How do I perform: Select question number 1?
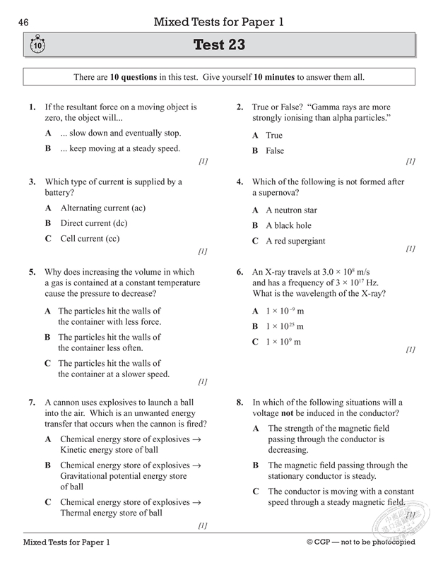click(x=32, y=107)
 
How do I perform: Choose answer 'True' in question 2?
click(x=274, y=135)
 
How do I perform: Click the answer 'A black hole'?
click(x=288, y=225)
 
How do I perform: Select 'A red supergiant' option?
click(x=295, y=241)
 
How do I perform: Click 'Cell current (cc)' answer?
click(x=90, y=239)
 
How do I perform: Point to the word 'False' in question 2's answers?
click(x=275, y=150)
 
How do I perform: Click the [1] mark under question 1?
click(x=203, y=161)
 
